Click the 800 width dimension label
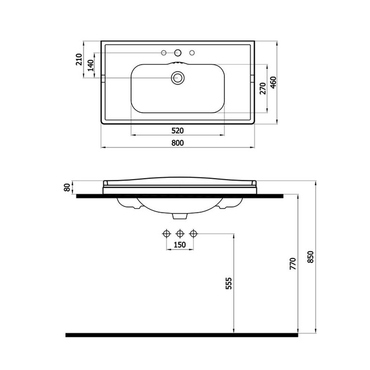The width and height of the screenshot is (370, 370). [178, 143]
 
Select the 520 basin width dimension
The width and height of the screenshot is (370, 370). [178, 130]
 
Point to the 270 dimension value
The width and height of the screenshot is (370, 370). [262, 89]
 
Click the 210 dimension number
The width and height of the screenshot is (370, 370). [79, 59]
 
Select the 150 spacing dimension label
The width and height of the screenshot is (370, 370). [180, 245]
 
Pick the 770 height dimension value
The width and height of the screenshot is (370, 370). [293, 263]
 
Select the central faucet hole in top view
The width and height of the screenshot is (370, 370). [178, 52]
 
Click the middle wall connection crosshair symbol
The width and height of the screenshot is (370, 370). [180, 234]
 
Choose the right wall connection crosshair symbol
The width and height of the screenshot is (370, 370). [193, 234]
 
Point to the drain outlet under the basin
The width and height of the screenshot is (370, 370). [180, 216]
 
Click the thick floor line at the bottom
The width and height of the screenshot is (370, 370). [181, 334]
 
